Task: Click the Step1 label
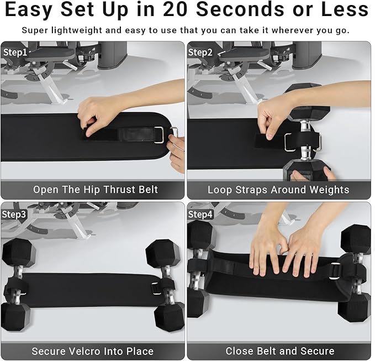tap(15, 53)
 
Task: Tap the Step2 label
tap(200, 53)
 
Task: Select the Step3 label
tap(15, 213)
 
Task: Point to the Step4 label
tap(200, 213)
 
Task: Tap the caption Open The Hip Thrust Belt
tap(96, 190)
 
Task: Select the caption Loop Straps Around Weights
tap(278, 190)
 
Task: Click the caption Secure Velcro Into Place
tap(92, 351)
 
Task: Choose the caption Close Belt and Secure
tap(279, 351)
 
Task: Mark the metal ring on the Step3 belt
tap(157, 287)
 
